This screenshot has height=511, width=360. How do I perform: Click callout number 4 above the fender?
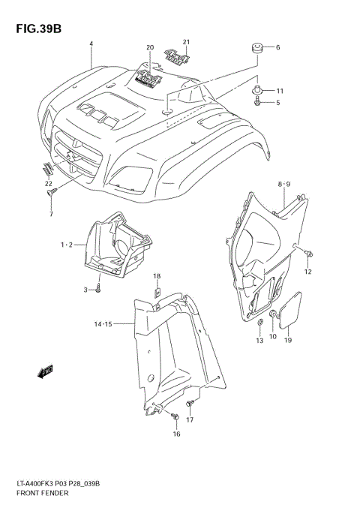(91, 44)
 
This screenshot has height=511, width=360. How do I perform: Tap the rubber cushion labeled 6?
(255, 49)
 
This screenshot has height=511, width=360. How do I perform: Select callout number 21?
(186, 41)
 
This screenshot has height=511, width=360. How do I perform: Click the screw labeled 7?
(52, 194)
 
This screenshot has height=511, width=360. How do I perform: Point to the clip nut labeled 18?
(158, 292)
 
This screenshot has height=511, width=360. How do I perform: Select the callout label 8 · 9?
(284, 184)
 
